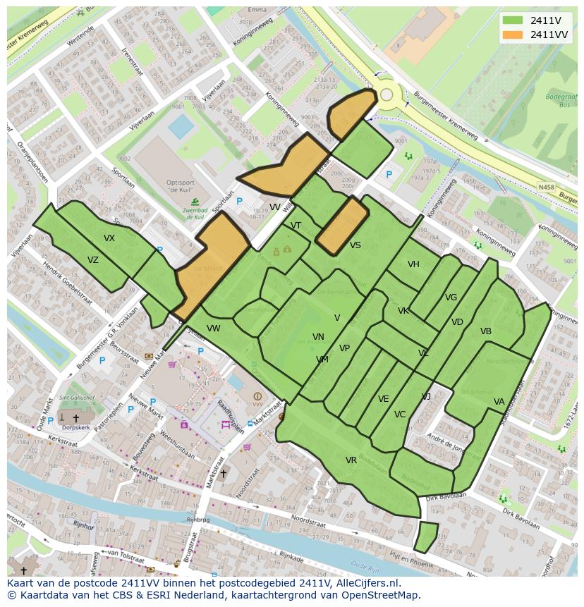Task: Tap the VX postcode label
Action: (x=109, y=238)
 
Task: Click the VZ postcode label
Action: (x=93, y=260)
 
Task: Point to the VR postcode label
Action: (x=351, y=460)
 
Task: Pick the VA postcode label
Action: (x=499, y=402)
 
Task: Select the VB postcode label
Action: (x=486, y=331)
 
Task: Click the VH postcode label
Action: (x=413, y=264)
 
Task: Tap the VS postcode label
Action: (x=355, y=245)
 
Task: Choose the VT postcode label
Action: (x=296, y=226)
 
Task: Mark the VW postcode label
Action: (x=214, y=329)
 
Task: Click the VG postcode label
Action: (x=451, y=298)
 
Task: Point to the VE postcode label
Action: (x=384, y=399)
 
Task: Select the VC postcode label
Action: (x=400, y=415)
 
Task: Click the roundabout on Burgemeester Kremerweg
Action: (x=386, y=94)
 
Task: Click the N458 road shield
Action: (x=545, y=187)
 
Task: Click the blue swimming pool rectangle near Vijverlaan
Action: (x=181, y=127)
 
